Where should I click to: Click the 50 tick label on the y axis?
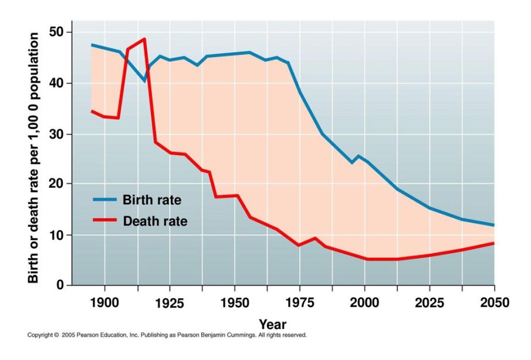[x=57, y=32]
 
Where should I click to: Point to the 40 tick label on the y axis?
[x=57, y=83]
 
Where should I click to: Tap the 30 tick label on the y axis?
[x=57, y=134]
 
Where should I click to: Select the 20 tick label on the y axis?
[x=57, y=184]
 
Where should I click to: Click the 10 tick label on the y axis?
[x=57, y=235]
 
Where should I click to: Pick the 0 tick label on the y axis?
[x=60, y=285]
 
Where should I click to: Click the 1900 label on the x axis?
[x=105, y=303]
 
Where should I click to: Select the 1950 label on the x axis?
[x=235, y=303]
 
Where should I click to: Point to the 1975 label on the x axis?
[x=300, y=303]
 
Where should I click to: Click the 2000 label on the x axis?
[x=365, y=303]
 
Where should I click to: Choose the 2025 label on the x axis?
[x=430, y=303]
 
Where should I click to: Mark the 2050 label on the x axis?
[x=494, y=303]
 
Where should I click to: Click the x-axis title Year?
[x=273, y=324]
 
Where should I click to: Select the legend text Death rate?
[x=155, y=221]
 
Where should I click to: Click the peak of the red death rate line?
[x=144, y=39]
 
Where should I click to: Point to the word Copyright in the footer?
[x=40, y=335]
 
